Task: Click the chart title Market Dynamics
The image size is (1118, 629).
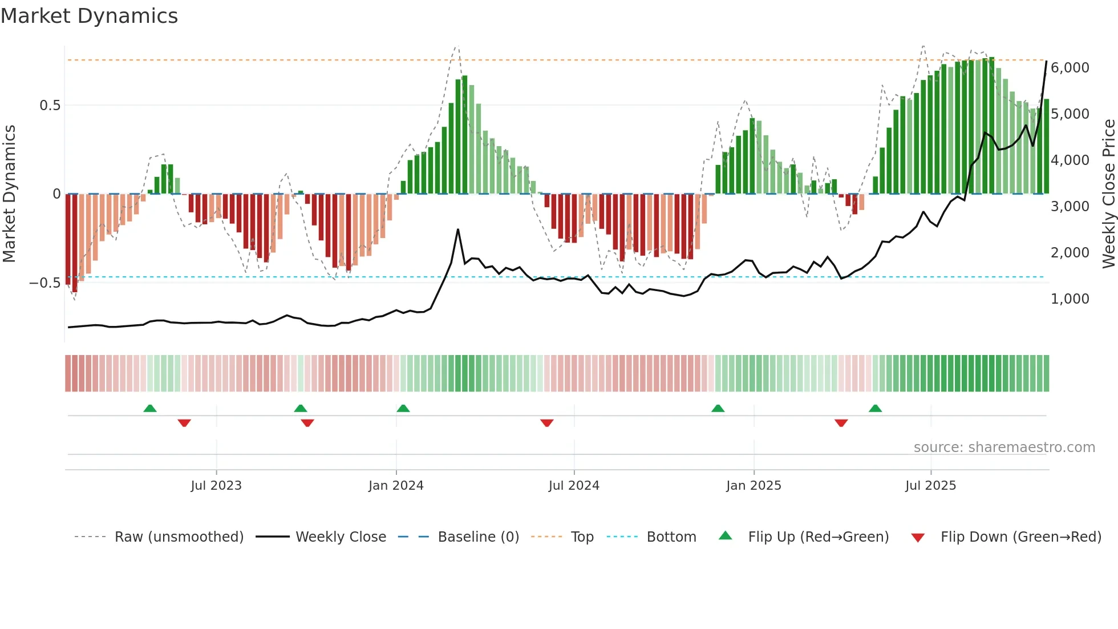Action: tap(90, 16)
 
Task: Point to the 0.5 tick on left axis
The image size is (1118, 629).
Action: tap(50, 106)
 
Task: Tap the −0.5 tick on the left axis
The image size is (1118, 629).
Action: tap(44, 283)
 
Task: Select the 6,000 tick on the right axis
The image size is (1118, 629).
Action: tap(1070, 68)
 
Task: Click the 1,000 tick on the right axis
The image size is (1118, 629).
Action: tap(1070, 299)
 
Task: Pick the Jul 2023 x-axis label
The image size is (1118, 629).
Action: tap(216, 486)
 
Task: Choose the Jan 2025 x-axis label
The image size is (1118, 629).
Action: tap(754, 486)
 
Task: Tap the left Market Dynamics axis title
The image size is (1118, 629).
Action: tap(9, 194)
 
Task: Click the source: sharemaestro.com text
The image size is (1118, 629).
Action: tap(1004, 447)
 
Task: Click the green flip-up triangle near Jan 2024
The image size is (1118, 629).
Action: tap(403, 408)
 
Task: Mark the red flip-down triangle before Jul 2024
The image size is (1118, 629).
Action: tap(547, 423)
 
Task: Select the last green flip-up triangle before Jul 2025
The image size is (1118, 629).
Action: tap(875, 408)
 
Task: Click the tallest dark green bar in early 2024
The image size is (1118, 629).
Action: tap(465, 134)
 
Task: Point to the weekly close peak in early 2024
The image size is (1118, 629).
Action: tap(458, 230)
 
